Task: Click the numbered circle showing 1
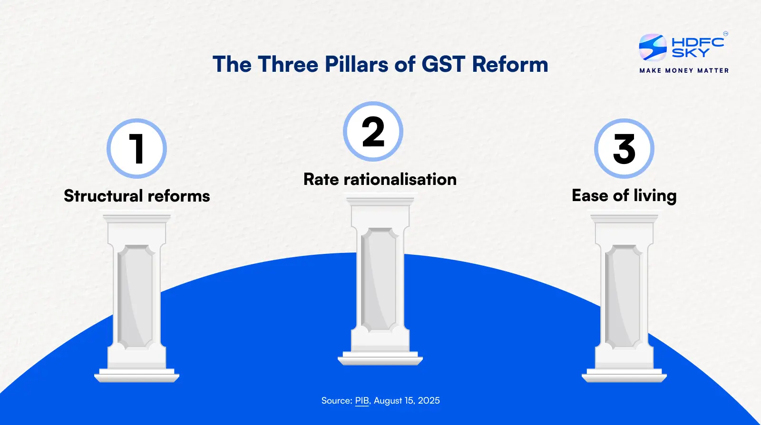[137, 149]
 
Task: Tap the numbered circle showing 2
[373, 132]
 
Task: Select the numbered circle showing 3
[624, 149]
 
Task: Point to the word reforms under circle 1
[179, 196]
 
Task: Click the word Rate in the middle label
[321, 179]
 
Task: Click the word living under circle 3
[655, 196]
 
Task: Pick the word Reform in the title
[510, 64]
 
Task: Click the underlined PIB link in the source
[362, 401]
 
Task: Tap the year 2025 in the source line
[429, 401]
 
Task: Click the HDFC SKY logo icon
[653, 47]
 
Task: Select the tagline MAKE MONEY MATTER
[684, 70]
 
